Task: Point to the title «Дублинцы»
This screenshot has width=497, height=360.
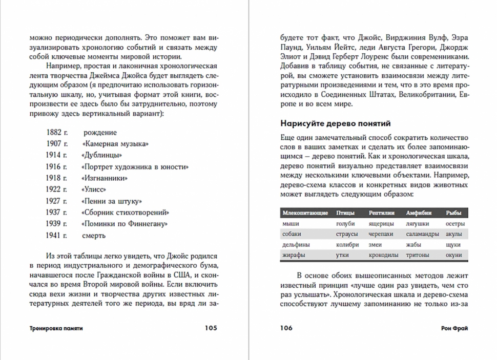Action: [101, 155]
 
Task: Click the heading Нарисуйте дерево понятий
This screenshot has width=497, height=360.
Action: [336, 123]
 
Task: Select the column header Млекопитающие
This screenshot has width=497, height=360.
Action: [305, 213]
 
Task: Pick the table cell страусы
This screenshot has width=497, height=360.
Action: [346, 234]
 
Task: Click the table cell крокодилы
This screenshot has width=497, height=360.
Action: [383, 255]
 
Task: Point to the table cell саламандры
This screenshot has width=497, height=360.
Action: [422, 234]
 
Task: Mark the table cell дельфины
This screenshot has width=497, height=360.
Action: [296, 244]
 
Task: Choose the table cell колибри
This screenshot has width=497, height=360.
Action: [347, 244]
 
